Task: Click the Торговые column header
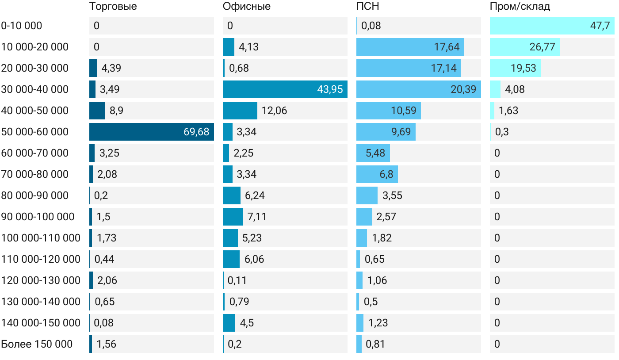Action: [x=113, y=7]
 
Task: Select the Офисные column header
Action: [x=247, y=7]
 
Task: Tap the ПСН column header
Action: [x=367, y=7]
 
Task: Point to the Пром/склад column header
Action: [x=520, y=7]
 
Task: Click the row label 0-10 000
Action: [x=22, y=26]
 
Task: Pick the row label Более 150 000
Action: [x=37, y=344]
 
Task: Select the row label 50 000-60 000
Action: [x=35, y=132]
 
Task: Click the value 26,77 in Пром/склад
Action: [x=542, y=47]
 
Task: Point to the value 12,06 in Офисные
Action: [x=274, y=111]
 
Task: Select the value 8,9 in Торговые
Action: [x=116, y=111]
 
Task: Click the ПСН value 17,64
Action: [x=447, y=47]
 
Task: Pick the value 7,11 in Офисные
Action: [x=257, y=217]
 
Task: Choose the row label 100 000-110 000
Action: [x=41, y=238]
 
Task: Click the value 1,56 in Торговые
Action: [x=107, y=344]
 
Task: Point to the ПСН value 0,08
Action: [x=371, y=26]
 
